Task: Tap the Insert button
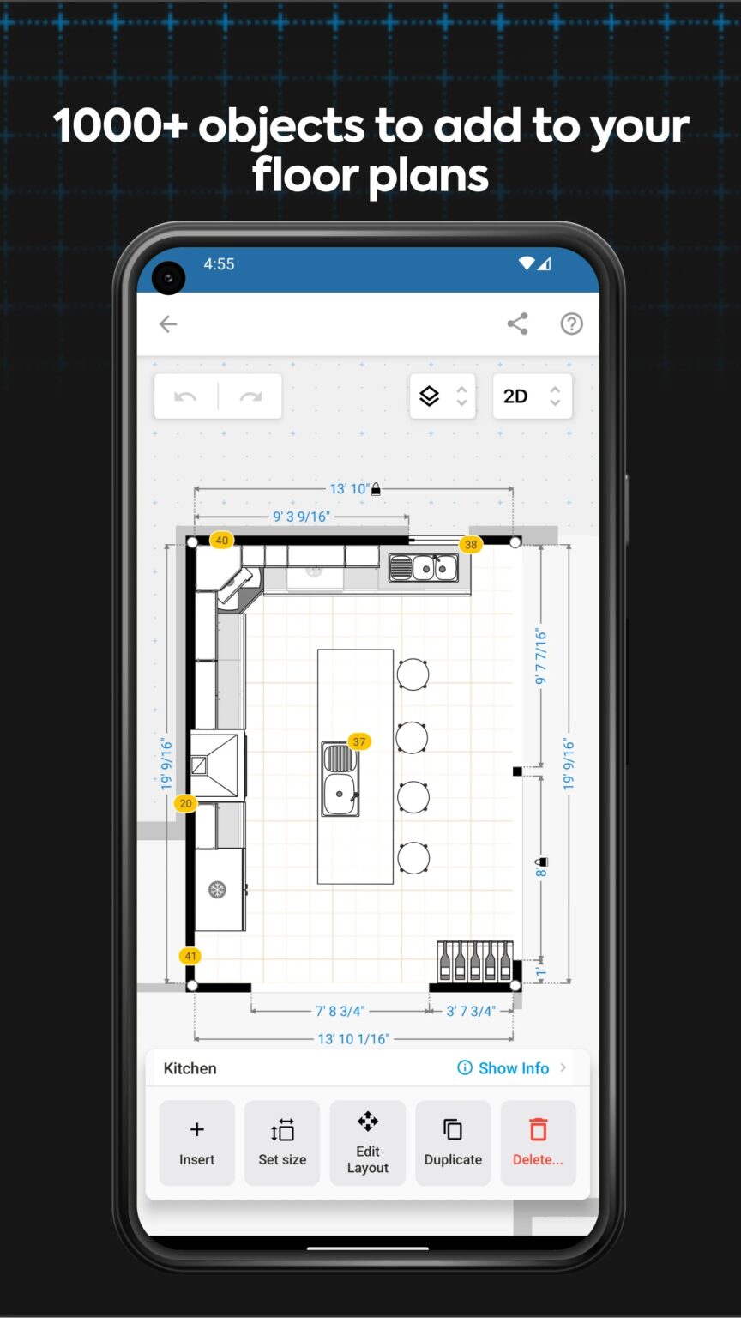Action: pyautogui.click(x=196, y=1143)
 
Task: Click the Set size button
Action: pyautogui.click(x=282, y=1143)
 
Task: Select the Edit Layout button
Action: pyautogui.click(x=367, y=1143)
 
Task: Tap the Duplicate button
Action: pyautogui.click(x=453, y=1143)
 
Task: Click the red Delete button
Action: pyautogui.click(x=538, y=1143)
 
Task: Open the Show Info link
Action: pyautogui.click(x=513, y=1068)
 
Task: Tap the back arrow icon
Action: pyautogui.click(x=168, y=323)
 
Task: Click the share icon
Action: pyautogui.click(x=517, y=323)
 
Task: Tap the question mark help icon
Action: pyautogui.click(x=571, y=323)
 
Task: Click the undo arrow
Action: pyautogui.click(x=185, y=396)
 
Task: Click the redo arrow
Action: pyautogui.click(x=250, y=396)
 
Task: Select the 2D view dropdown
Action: pyautogui.click(x=532, y=396)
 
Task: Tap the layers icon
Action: pyautogui.click(x=430, y=396)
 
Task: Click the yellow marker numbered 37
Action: pyautogui.click(x=359, y=741)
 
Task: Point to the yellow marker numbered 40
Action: pyautogui.click(x=222, y=541)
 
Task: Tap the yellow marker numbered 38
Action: pyautogui.click(x=470, y=545)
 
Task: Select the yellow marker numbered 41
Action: pyautogui.click(x=190, y=956)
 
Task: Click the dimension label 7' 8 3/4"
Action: pyautogui.click(x=340, y=1011)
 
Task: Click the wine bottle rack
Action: pyautogui.click(x=474, y=961)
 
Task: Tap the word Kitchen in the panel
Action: pyautogui.click(x=190, y=1068)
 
